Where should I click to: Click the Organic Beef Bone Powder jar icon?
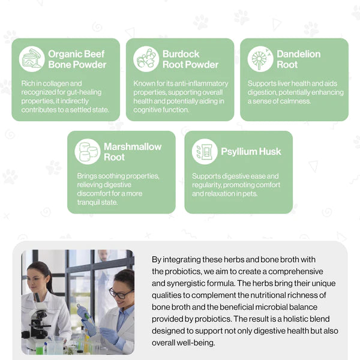point(32,59)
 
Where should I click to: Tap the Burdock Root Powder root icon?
point(146,59)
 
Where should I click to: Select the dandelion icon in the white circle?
point(260,59)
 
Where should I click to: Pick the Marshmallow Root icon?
point(88,152)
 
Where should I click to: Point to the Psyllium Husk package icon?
point(205,152)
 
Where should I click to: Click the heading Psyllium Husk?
point(251,152)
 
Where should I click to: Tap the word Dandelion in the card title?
point(298,54)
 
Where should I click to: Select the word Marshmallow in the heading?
point(133,147)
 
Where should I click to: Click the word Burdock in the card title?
point(181,54)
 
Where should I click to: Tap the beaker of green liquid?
point(40,347)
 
